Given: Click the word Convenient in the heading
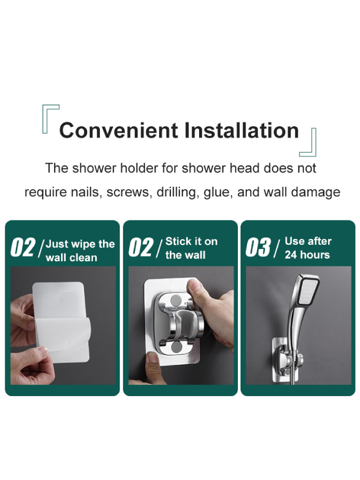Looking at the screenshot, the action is (x=118, y=131).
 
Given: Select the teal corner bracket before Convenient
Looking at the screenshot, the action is (x=50, y=118).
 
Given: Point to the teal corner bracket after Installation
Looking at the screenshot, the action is (x=308, y=143).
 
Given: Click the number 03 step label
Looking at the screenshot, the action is (x=258, y=247).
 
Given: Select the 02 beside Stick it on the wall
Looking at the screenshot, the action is (x=141, y=247).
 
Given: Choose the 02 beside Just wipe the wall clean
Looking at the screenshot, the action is (x=23, y=247).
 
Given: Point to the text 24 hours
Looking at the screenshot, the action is (x=307, y=255).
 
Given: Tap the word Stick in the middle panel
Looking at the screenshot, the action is (x=176, y=241).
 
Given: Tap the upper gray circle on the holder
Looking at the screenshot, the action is (x=176, y=300).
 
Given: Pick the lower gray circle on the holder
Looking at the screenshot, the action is (x=176, y=347).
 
